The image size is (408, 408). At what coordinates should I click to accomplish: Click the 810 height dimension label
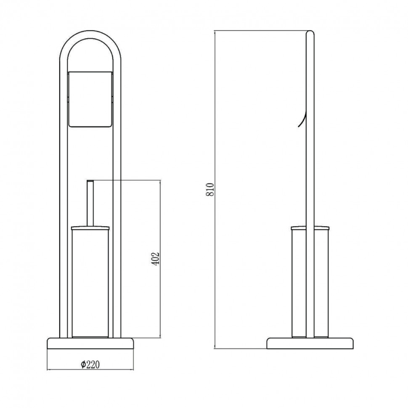tap(210, 189)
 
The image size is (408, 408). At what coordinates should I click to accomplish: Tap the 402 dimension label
tap(155, 259)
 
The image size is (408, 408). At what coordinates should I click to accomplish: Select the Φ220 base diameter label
tap(90, 365)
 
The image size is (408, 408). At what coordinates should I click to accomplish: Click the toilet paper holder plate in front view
tap(90, 99)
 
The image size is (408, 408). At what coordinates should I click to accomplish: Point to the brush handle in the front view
tap(90, 203)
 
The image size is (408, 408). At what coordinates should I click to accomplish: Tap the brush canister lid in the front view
tap(90, 228)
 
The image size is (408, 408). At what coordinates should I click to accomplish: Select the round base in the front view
tap(90, 343)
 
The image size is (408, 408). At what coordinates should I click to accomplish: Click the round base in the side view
tap(310, 343)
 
